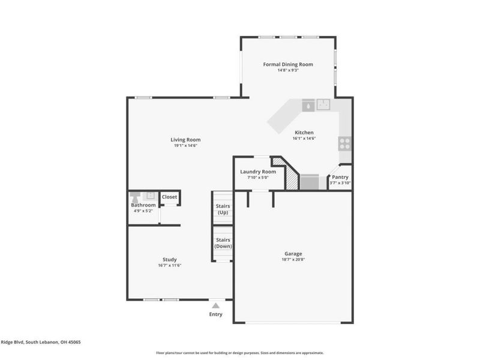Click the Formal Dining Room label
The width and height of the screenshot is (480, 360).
tap(288, 64)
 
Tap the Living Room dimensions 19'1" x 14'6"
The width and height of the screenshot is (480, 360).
tap(185, 145)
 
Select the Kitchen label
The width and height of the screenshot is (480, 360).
tap(304, 133)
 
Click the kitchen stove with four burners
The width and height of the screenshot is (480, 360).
tap(344, 143)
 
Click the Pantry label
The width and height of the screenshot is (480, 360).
tap(340, 177)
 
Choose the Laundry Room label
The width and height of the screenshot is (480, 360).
tap(258, 172)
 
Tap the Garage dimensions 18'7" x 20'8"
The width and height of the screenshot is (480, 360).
tap(293, 259)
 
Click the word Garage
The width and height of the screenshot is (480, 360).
tap(293, 253)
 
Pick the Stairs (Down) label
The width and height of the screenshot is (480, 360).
tap(223, 243)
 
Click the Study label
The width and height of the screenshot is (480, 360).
tap(169, 259)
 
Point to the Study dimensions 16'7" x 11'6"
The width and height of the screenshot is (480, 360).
tap(169, 265)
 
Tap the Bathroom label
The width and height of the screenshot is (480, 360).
tap(143, 205)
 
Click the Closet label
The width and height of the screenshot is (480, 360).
tap(169, 197)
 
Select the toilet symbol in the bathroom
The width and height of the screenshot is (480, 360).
tap(136, 196)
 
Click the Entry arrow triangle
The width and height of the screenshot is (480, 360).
tap(215, 305)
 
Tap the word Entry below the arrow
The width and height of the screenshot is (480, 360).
tap(215, 314)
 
